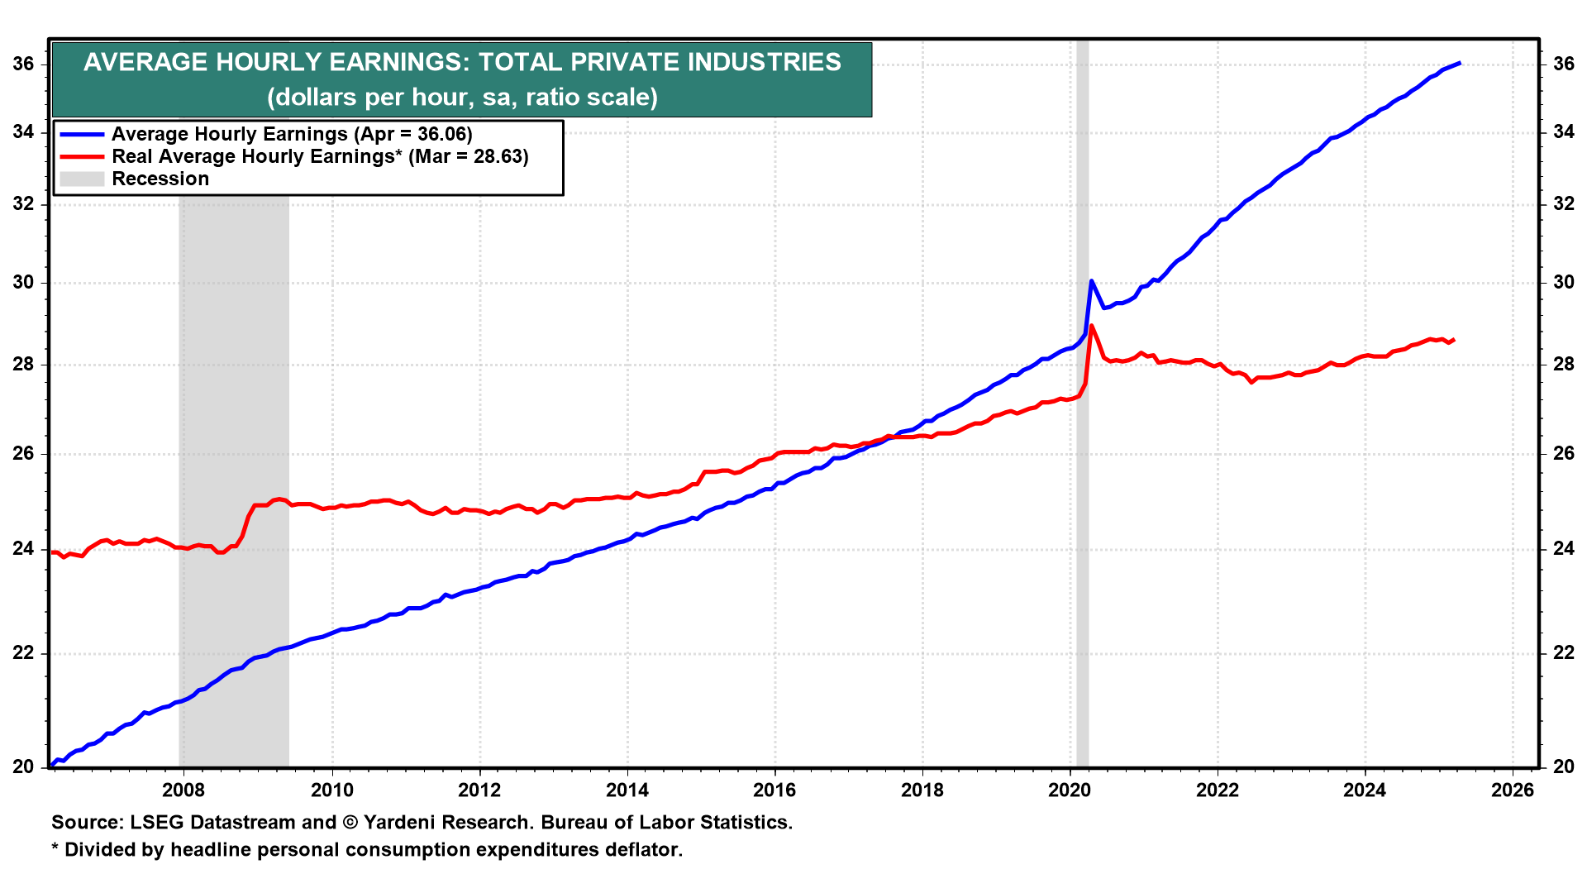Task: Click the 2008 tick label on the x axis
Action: (x=183, y=790)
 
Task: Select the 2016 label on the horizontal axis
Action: (x=774, y=790)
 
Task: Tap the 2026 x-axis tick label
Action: (x=1512, y=790)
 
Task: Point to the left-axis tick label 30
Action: (x=24, y=283)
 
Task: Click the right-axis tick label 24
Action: (x=1563, y=549)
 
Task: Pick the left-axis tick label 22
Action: (x=24, y=653)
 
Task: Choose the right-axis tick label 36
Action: (x=1563, y=64)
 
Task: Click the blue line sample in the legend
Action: (x=82, y=134)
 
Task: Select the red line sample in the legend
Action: (x=82, y=156)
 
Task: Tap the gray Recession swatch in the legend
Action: (x=82, y=179)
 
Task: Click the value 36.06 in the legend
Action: (x=443, y=134)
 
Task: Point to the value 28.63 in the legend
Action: (x=498, y=156)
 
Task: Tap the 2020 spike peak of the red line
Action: (x=1091, y=326)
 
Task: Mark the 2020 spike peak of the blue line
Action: (x=1091, y=281)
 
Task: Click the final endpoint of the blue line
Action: (x=1460, y=63)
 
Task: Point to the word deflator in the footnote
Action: (x=641, y=850)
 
